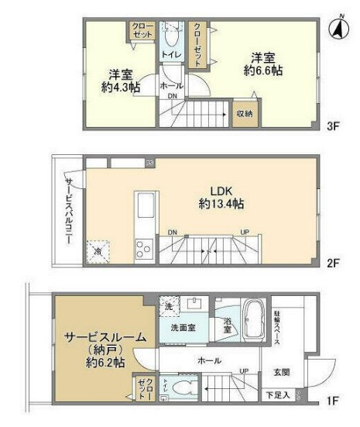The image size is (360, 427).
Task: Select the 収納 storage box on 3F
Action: (245, 112)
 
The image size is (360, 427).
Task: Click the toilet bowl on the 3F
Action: (170, 35)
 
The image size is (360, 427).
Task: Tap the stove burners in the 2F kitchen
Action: (145, 248)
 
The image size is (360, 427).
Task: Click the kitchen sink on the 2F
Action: (146, 208)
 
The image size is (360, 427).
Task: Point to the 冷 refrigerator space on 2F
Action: (98, 251)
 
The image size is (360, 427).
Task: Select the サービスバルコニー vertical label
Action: (69, 211)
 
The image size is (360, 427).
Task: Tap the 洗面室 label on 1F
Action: (184, 329)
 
